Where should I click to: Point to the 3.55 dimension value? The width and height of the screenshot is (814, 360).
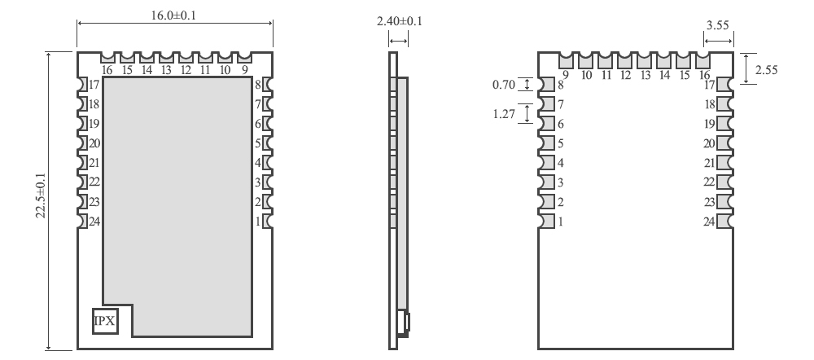tap(717, 25)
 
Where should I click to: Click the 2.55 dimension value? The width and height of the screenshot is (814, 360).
tap(766, 70)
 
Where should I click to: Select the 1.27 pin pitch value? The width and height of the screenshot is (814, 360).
tap(504, 114)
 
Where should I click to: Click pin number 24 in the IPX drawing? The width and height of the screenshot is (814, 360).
tap(94, 221)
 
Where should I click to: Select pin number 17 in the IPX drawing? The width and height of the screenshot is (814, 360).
tap(94, 85)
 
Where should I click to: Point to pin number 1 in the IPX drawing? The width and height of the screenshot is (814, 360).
tap(259, 221)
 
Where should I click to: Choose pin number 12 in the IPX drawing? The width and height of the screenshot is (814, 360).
tap(186, 70)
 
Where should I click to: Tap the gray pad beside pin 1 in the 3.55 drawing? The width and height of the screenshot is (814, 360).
tap(546, 221)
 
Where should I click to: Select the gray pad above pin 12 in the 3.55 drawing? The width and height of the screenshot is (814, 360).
tap(624, 60)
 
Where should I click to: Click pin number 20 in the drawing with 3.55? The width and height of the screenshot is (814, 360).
tap(709, 143)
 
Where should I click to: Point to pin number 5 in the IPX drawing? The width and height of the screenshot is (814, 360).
tap(259, 143)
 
